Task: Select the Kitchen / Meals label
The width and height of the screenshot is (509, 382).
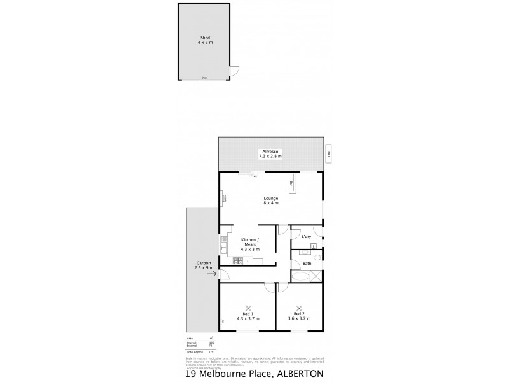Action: coord(249,240)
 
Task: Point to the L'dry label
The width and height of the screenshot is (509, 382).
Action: coord(307,237)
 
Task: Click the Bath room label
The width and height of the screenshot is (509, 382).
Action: coord(307,263)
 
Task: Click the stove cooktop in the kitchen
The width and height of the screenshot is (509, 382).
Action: coord(238,260)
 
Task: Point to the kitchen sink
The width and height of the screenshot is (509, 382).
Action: coord(225,242)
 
